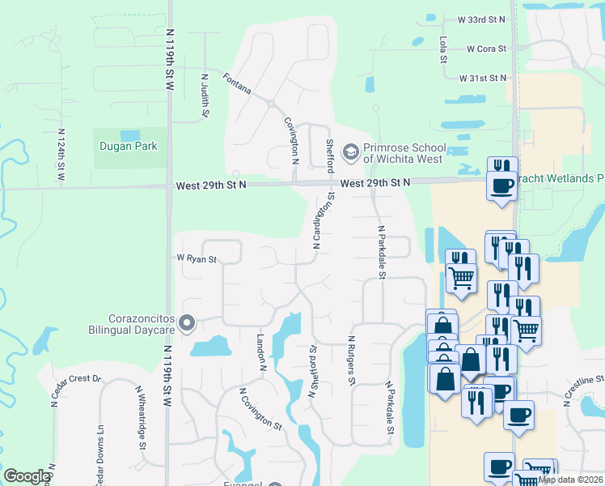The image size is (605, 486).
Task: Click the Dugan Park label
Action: click(x=128, y=147)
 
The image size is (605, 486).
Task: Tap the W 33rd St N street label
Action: click(x=480, y=19)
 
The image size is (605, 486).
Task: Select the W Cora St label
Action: click(x=486, y=49)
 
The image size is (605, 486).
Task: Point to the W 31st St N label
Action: click(x=482, y=78)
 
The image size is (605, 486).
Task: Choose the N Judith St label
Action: click(x=205, y=96)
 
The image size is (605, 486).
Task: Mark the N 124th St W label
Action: click(x=61, y=154)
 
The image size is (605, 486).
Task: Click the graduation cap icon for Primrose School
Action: click(x=350, y=151)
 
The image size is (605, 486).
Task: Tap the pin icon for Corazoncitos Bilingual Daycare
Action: click(x=188, y=324)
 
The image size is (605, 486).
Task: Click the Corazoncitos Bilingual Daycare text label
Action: click(x=132, y=324)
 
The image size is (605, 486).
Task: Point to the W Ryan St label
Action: click(x=197, y=259)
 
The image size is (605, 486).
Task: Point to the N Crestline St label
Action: click(x=584, y=379)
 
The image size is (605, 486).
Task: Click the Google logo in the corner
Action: click(x=26, y=476)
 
